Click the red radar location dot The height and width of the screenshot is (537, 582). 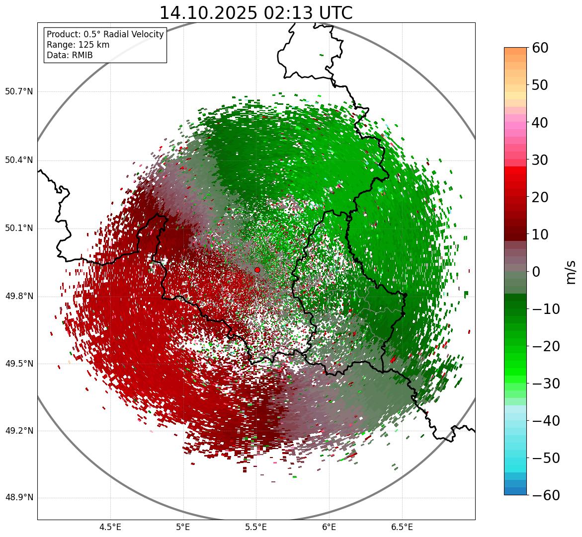pyautogui.click(x=257, y=270)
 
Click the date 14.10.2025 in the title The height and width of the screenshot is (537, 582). pyautogui.click(x=208, y=13)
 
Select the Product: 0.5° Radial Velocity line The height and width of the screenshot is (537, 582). pyautogui.click(x=105, y=34)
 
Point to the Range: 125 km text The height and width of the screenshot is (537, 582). pyautogui.click(x=78, y=45)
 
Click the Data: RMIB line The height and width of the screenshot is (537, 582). pyautogui.click(x=70, y=55)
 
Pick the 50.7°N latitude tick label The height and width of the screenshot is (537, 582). pyautogui.click(x=19, y=92)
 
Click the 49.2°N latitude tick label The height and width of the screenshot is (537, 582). pyautogui.click(x=19, y=431)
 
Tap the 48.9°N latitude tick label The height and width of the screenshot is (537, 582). pyautogui.click(x=19, y=498)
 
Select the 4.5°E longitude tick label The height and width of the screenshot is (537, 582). pyautogui.click(x=110, y=527)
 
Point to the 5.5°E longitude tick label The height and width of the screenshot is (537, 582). pyautogui.click(x=256, y=527)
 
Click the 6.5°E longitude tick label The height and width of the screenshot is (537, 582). pyautogui.click(x=402, y=527)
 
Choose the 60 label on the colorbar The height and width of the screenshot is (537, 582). pyautogui.click(x=540, y=48)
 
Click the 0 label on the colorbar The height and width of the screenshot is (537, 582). pyautogui.click(x=536, y=272)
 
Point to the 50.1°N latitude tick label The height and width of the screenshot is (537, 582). pyautogui.click(x=19, y=229)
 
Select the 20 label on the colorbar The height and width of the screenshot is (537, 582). pyautogui.click(x=540, y=197)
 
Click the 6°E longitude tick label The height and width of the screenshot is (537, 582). pyautogui.click(x=329, y=527)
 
